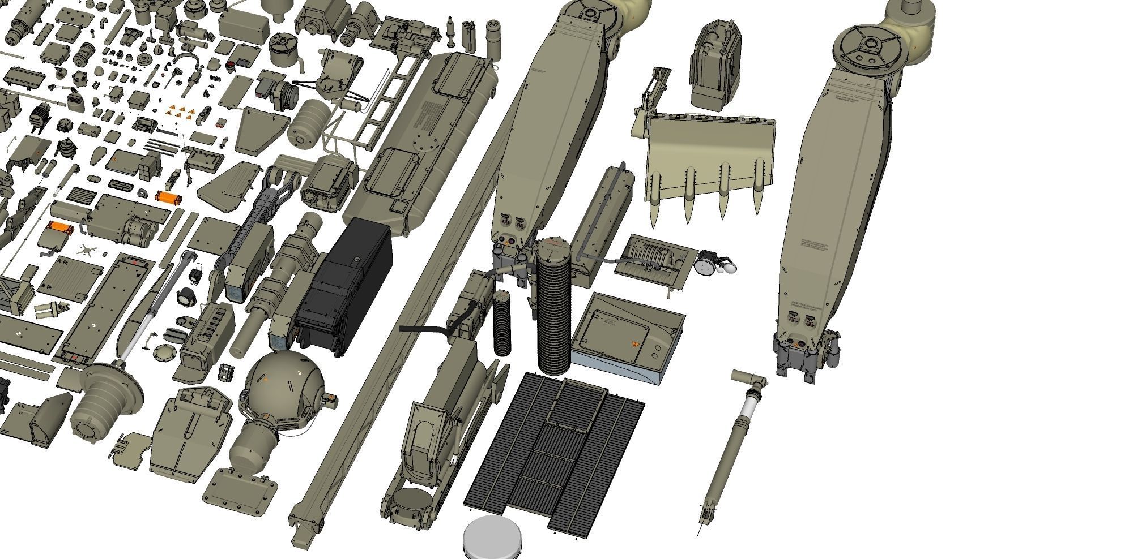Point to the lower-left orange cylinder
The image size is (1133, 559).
click(x=61, y=229)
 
